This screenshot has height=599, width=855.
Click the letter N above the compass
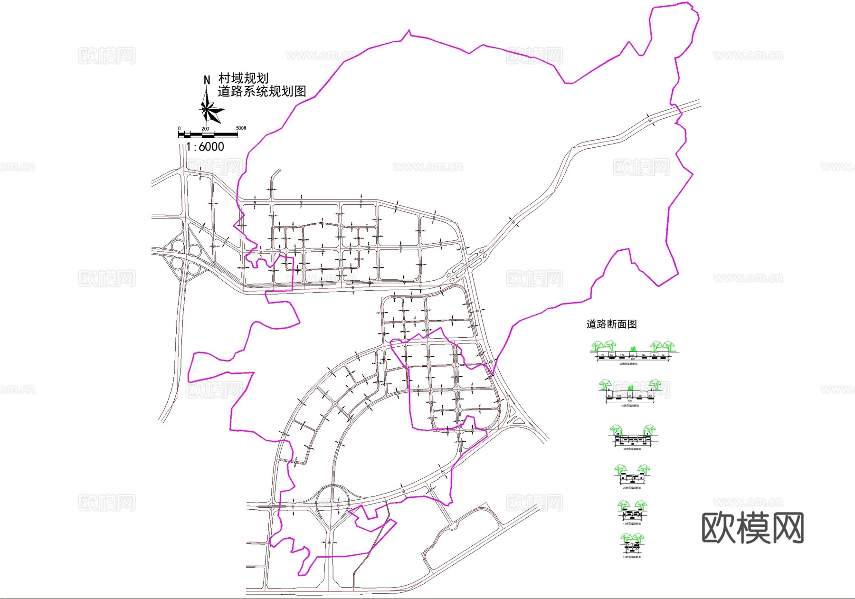(207, 80)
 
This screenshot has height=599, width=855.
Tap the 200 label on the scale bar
(205, 129)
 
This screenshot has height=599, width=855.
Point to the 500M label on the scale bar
(241, 128)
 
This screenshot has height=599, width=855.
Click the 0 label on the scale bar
(179, 129)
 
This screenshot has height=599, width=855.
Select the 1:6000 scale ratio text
(205, 147)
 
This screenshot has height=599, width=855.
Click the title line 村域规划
(243, 78)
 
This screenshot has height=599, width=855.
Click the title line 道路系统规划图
(262, 91)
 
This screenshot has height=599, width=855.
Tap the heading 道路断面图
(611, 324)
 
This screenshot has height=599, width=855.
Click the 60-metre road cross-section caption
(628, 364)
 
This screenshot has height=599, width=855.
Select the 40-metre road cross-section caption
(630, 406)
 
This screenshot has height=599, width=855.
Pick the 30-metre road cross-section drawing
(632, 437)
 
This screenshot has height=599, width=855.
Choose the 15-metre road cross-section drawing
(632, 511)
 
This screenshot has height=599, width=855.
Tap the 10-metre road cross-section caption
(632, 557)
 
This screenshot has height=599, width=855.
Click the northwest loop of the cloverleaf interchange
(177, 246)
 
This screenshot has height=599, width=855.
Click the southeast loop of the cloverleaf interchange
(194, 268)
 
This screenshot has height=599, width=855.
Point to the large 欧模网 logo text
(752, 528)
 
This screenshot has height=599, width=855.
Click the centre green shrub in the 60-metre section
(632, 350)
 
